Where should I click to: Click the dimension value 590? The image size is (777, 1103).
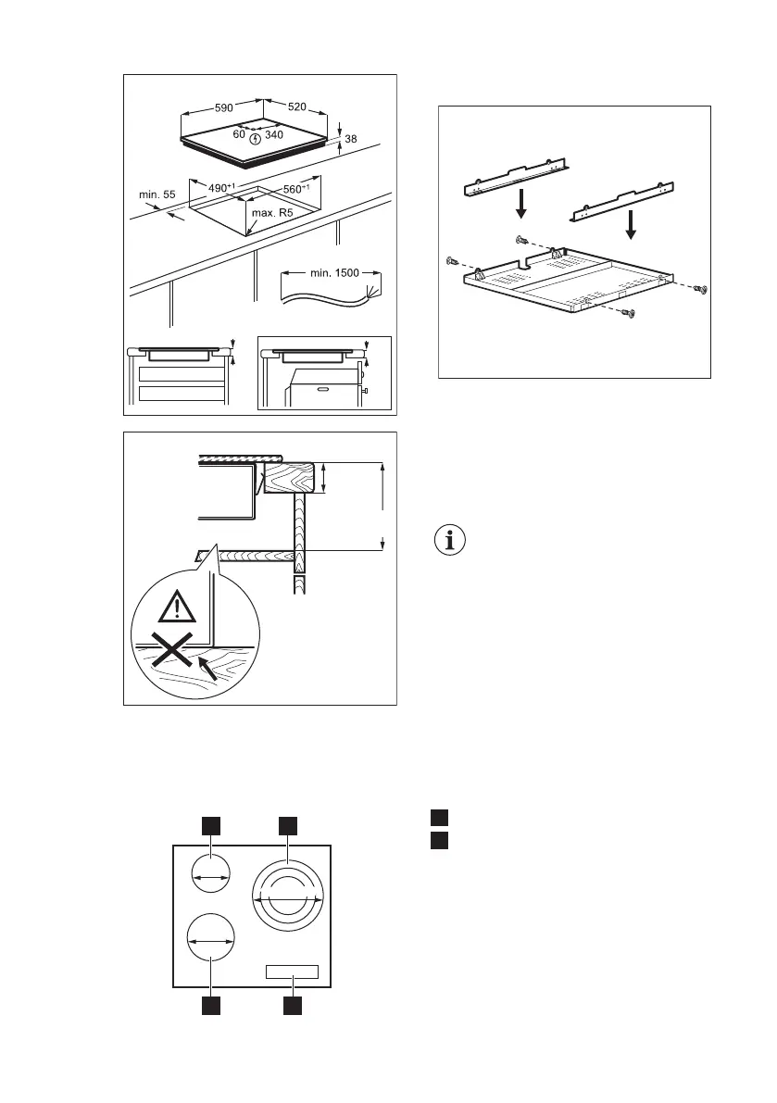tap(224, 107)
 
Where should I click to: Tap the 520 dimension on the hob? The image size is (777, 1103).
tap(296, 107)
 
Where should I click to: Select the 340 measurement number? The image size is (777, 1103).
tap(273, 135)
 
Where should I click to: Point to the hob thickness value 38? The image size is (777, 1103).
tap(350, 140)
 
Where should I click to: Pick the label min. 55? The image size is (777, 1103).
tap(157, 194)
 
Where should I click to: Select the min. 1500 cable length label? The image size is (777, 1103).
tap(332, 273)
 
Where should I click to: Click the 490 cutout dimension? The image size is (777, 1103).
tap(221, 188)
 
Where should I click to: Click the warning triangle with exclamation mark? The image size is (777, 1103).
tap(176, 607)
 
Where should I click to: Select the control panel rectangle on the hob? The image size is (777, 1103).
tap(292, 972)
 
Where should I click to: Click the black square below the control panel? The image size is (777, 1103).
tap(293, 1007)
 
